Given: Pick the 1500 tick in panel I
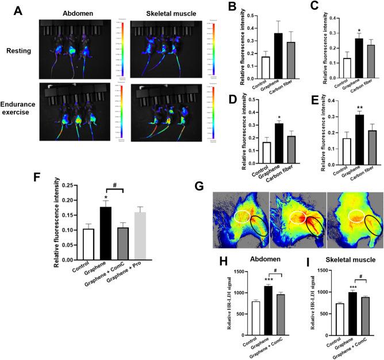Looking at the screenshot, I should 314,269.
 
